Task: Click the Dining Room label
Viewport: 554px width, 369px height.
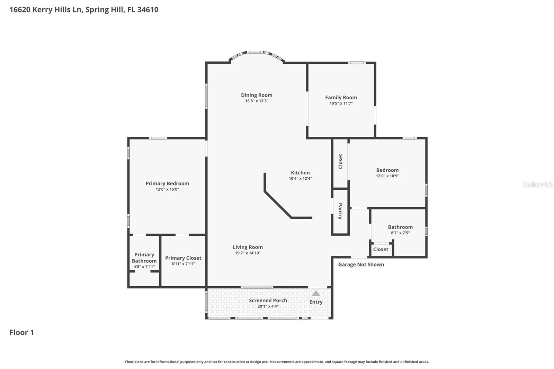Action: [257, 95]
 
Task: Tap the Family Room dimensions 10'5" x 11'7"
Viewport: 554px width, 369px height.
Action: [341, 103]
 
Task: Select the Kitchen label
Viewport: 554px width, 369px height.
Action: [300, 172]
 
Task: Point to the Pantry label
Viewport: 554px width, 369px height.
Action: [340, 211]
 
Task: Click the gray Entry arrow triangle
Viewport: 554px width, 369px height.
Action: [316, 294]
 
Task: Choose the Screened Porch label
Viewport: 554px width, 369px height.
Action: [268, 300]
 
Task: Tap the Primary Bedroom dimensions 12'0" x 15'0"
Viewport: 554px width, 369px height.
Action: [167, 189]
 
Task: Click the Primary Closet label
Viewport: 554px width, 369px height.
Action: [183, 258]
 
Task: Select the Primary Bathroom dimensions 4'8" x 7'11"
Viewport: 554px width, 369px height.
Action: [144, 267]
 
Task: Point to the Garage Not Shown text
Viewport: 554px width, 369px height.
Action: [361, 264]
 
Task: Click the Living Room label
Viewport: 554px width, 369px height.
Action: [248, 247]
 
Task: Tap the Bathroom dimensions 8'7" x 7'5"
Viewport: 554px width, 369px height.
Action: [400, 233]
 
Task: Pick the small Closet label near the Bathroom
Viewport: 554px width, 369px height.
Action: [381, 249]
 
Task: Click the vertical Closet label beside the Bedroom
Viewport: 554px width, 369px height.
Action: [340, 161]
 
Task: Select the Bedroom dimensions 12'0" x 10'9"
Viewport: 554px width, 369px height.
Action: [387, 176]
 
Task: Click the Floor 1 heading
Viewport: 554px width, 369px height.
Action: [21, 332]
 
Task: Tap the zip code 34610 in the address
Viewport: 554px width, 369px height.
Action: [148, 10]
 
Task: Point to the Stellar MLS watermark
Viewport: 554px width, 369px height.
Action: [537, 184]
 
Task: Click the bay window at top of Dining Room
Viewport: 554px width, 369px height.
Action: [257, 53]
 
